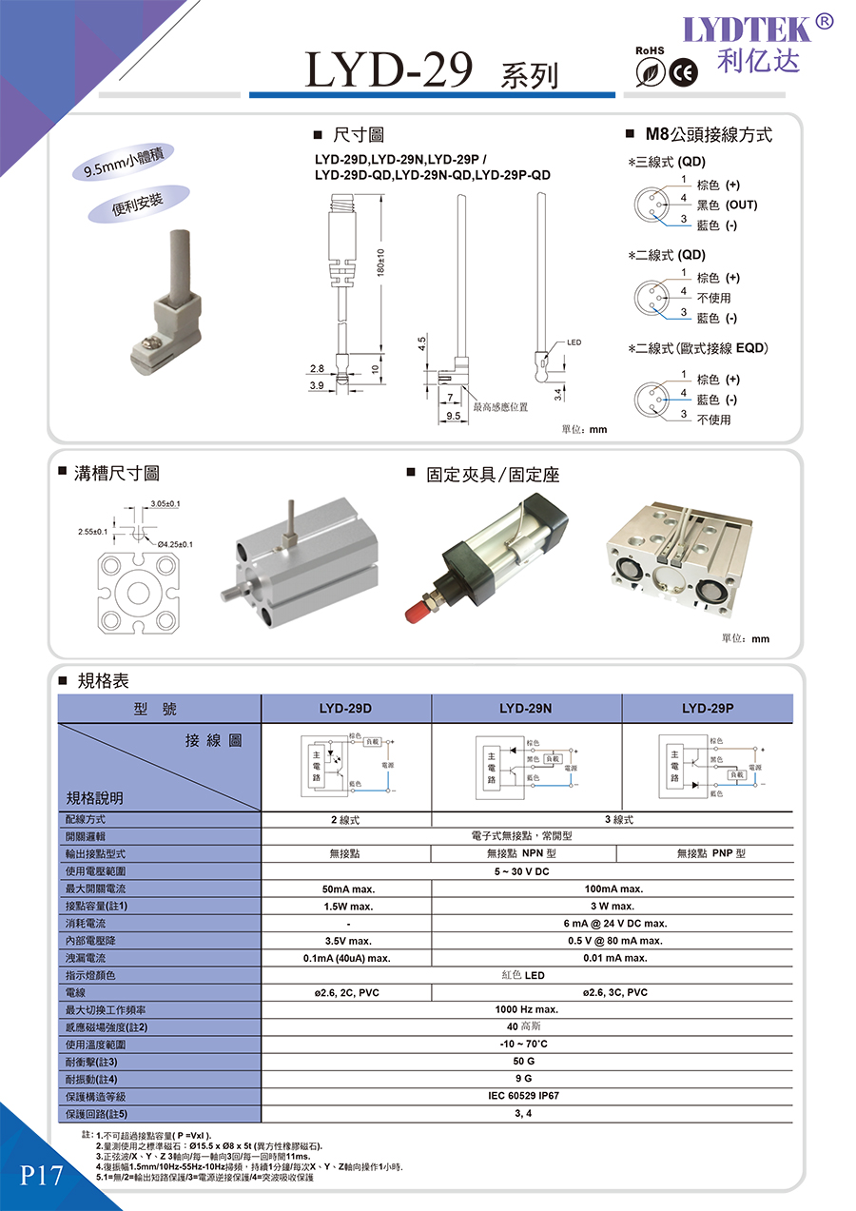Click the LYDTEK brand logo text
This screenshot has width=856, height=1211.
click(x=749, y=29)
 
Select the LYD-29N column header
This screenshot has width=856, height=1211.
click(x=526, y=709)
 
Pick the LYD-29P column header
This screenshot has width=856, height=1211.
click(x=708, y=709)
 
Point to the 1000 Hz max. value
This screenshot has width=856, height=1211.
click(x=526, y=1009)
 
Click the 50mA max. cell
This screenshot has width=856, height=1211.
click(x=345, y=889)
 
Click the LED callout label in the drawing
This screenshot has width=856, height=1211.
click(x=574, y=342)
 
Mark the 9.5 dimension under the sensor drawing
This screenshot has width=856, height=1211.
click(x=453, y=416)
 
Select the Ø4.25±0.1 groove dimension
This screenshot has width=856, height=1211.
click(x=175, y=544)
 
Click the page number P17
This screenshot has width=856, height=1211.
click(x=41, y=1176)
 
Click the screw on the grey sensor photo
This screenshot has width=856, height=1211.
click(x=150, y=339)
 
